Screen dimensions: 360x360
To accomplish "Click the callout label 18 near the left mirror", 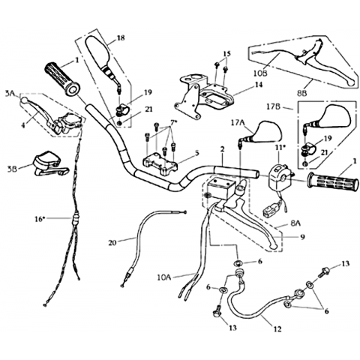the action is (121, 38).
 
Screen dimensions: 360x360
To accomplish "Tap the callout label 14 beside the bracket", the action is (259, 85).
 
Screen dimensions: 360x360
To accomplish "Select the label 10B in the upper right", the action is (261, 73).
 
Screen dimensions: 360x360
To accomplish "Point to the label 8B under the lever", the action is (301, 94).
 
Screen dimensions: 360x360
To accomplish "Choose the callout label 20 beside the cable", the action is (112, 242).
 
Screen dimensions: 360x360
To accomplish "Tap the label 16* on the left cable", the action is (40, 219).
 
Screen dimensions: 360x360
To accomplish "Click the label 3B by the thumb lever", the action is (12, 169).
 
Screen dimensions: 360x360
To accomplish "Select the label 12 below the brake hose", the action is (277, 329).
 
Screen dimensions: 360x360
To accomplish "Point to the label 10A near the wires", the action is (164, 277).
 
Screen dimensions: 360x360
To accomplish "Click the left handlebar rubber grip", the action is (62, 79).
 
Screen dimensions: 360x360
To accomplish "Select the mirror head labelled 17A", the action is (268, 132).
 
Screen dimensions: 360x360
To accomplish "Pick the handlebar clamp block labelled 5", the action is (160, 165).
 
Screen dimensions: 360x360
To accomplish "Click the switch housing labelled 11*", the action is (279, 178).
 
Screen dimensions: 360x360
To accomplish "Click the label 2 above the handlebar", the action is (222, 149).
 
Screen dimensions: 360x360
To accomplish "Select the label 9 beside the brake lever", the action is (303, 236).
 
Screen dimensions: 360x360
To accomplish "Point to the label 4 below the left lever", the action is (23, 125).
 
